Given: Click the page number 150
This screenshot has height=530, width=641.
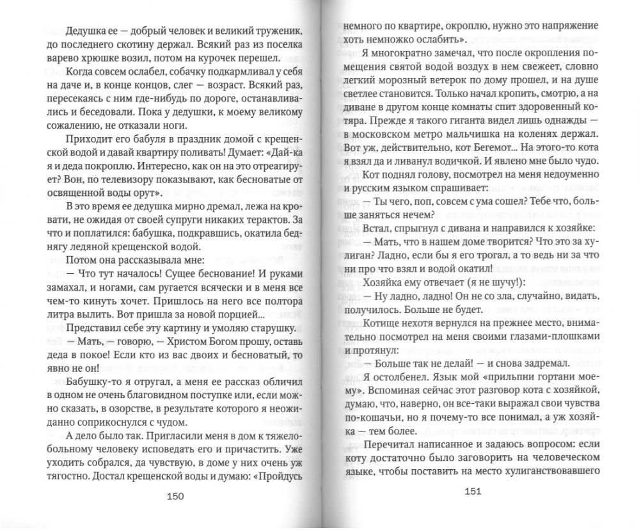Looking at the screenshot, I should (x=175, y=497).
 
